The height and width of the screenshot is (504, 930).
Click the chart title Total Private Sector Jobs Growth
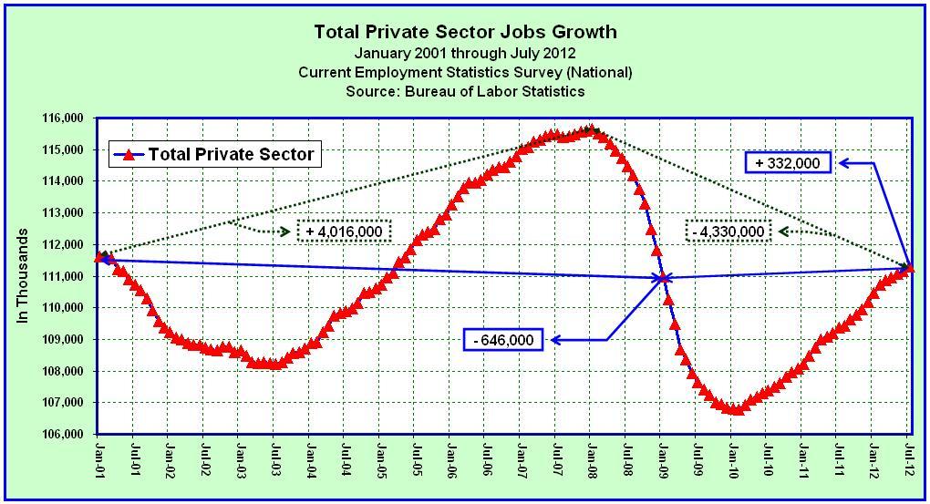[x=465, y=32]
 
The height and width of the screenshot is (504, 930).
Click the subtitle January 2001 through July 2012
[x=465, y=53]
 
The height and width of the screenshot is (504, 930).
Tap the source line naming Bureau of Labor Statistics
[x=465, y=91]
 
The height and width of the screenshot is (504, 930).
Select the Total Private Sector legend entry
[x=214, y=154]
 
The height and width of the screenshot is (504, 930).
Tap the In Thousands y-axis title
[x=25, y=276]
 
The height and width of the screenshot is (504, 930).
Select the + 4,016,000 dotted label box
[x=344, y=231]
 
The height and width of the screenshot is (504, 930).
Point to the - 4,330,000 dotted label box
[x=727, y=231]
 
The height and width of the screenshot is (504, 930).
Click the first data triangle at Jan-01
[x=99, y=257]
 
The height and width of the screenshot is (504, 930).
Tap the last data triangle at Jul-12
[x=909, y=267]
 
